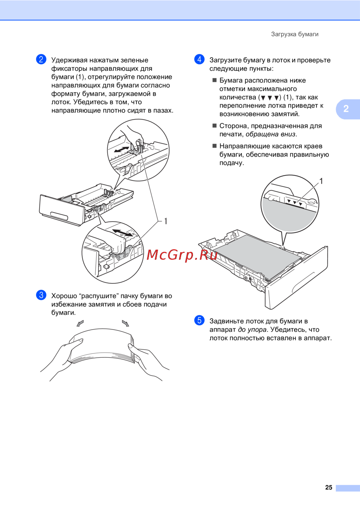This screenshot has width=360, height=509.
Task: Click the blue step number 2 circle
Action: point(41,59)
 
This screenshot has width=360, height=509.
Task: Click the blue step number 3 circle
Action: point(41,295)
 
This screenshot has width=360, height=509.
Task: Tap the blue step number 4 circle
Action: point(199,59)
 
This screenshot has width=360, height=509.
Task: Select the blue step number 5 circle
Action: point(199,320)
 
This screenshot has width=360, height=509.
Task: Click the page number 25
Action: point(329,488)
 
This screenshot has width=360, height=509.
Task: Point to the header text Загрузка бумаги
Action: point(295,34)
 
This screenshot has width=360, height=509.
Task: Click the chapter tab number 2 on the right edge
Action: point(346,109)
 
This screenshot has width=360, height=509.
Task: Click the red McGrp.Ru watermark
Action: point(182,255)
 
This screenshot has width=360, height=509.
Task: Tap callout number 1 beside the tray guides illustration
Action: point(166,221)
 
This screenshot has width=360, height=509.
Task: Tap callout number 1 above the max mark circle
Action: point(321,181)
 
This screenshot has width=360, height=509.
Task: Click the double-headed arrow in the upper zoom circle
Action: point(122,149)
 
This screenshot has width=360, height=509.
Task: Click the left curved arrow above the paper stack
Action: point(80,323)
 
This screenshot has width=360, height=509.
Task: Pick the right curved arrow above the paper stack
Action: point(125,323)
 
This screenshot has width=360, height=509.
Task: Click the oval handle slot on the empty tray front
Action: point(59,216)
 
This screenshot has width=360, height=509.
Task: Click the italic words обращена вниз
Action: point(270,134)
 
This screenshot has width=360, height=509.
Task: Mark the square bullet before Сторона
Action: point(215,126)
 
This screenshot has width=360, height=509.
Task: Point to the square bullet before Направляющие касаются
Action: point(215,146)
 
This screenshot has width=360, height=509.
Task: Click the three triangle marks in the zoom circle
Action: point(295,202)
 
